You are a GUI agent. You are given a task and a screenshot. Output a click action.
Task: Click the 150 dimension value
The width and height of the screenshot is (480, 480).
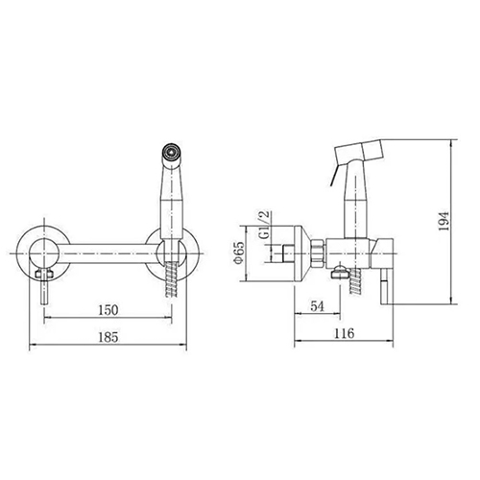[x=108, y=310]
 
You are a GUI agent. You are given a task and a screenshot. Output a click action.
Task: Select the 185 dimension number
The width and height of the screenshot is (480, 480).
[x=108, y=337]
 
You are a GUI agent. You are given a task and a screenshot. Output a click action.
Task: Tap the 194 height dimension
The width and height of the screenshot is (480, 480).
[x=444, y=221]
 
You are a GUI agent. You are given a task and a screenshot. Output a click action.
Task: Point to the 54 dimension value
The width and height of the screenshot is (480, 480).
[x=318, y=306]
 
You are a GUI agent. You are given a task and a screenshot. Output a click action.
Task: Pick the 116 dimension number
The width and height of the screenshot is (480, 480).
[x=345, y=333]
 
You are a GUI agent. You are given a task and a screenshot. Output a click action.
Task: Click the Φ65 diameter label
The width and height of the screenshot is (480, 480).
[x=239, y=252]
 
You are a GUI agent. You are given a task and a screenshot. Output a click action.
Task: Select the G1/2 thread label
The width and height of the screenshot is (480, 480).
[x=265, y=226]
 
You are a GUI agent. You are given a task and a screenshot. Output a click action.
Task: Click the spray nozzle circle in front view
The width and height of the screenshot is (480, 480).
[x=173, y=151]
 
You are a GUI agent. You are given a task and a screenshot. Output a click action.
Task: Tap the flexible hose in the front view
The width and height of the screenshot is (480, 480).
[x=172, y=278]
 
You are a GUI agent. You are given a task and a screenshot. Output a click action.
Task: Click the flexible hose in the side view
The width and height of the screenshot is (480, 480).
[x=356, y=281]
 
